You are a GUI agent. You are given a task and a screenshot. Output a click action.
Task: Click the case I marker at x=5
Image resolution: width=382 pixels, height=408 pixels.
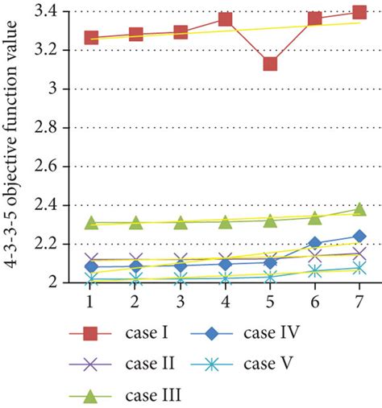tap(270, 63)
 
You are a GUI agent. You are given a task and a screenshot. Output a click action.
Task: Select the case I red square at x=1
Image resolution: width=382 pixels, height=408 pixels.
tap(91, 38)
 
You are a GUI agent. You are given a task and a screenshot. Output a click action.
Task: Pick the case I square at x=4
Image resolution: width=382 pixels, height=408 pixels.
tap(226, 19)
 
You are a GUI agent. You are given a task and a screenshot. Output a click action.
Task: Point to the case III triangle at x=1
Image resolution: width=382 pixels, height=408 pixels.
tap(91, 223)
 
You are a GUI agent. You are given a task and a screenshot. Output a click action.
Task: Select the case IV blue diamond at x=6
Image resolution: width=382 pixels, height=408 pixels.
tap(315, 242)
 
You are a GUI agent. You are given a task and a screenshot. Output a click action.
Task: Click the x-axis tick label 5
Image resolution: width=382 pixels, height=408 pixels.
tap(270, 297)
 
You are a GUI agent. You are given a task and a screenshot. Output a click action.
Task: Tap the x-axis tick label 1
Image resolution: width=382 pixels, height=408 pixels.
tap(91, 297)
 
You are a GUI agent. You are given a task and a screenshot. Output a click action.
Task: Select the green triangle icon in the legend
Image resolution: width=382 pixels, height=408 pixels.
tap(89, 394)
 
